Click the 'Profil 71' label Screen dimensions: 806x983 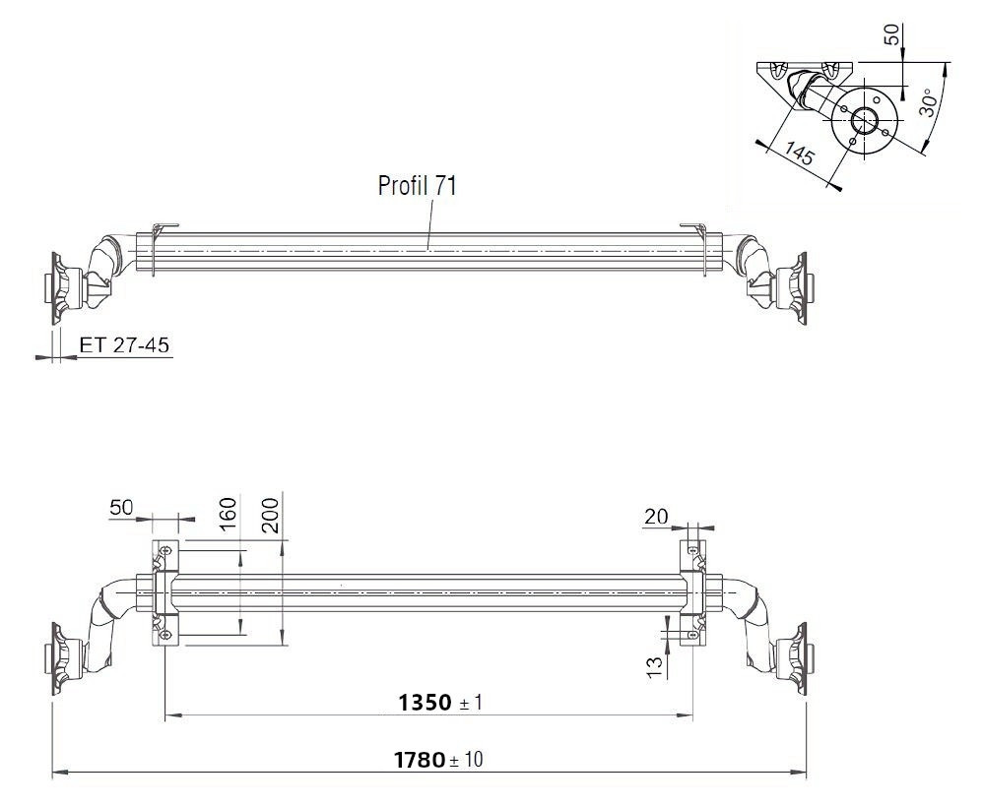click(x=417, y=185)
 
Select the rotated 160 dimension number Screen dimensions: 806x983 click(x=229, y=515)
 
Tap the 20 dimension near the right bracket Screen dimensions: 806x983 click(x=656, y=516)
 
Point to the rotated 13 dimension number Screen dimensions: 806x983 click(x=654, y=668)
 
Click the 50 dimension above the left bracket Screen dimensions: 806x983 click(x=121, y=507)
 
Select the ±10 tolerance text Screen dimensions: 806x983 click(x=468, y=761)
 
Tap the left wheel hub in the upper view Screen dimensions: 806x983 click(x=59, y=285)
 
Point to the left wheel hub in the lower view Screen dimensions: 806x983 click(x=59, y=657)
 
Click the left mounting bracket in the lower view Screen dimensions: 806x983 click(x=164, y=592)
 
